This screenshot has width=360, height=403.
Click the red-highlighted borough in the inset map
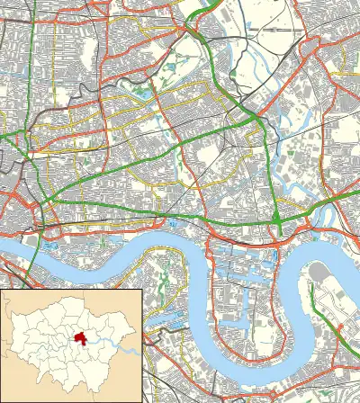81,339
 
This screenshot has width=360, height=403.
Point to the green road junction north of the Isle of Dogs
278,221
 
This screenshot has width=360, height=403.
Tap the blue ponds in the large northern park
142,91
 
